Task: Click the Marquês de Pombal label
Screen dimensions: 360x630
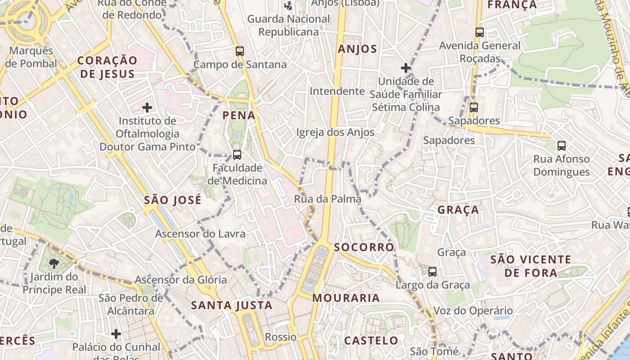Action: (31, 57)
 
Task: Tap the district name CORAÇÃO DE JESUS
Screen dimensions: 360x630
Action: (107, 67)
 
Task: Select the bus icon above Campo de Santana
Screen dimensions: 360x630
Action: (240, 51)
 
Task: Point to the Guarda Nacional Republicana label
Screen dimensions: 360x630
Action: (288, 26)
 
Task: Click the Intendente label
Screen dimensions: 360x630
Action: (337, 91)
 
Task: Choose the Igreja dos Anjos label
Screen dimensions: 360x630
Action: (335, 132)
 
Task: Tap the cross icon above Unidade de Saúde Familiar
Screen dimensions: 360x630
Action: (405, 68)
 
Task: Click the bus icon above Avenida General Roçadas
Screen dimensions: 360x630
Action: (480, 32)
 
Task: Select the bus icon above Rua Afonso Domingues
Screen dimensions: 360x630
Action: (562, 145)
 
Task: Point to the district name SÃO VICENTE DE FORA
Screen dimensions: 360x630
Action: (531, 266)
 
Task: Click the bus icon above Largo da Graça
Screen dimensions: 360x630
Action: (432, 271)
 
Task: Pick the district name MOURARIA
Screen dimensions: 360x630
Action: (346, 298)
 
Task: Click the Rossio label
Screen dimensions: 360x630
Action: (281, 337)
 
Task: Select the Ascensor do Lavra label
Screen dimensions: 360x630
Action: (200, 234)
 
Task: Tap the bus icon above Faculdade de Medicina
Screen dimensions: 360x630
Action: (237, 155)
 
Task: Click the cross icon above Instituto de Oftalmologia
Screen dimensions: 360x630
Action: (147, 107)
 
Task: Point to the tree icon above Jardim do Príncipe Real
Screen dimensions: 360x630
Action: (54, 263)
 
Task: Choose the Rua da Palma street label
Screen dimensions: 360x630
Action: (328, 199)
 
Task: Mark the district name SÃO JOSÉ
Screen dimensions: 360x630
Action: (172, 200)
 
